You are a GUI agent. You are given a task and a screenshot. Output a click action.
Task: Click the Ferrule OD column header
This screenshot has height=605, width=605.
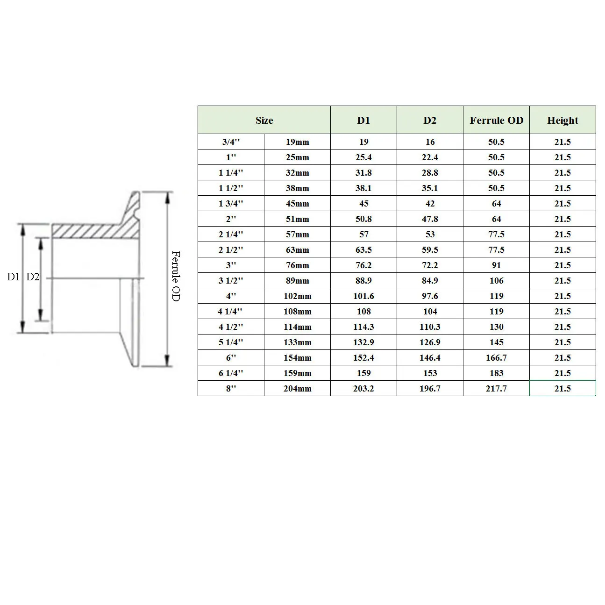click(x=496, y=120)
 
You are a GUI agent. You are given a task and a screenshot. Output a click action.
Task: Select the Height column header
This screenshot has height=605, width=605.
click(x=562, y=120)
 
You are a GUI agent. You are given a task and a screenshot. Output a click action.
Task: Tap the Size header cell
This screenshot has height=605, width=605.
click(x=264, y=120)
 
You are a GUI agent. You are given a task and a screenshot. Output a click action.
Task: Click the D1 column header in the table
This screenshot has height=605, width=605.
click(x=363, y=120)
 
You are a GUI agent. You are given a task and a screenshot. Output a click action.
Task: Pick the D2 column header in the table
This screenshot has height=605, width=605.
click(x=429, y=120)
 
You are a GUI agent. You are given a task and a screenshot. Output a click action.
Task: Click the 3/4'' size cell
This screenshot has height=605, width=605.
click(x=231, y=142)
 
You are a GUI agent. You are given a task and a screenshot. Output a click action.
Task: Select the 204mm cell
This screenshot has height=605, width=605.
click(x=297, y=388)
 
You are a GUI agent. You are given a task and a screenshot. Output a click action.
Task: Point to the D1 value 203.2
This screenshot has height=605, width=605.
click(x=363, y=388)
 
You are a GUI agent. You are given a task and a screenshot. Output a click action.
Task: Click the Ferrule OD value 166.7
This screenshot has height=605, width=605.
click(x=496, y=357)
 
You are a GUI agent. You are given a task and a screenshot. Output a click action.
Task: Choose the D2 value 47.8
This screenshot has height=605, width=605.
click(x=430, y=219)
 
